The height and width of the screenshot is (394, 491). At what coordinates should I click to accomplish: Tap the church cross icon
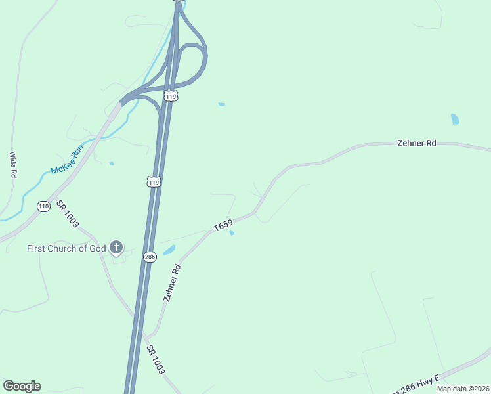pos(116,248)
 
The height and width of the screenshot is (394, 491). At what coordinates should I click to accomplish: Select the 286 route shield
pos(150,257)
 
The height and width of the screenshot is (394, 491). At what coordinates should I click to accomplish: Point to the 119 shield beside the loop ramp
pos(171,96)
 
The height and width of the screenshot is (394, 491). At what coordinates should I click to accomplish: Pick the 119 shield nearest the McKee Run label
pos(154,182)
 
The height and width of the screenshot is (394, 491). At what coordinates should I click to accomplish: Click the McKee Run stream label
pos(68,161)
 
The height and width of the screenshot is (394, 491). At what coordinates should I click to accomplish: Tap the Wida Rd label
pos(12,165)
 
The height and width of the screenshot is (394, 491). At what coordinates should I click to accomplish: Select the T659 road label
pos(223,227)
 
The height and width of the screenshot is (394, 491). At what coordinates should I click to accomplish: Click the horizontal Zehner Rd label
pos(417,142)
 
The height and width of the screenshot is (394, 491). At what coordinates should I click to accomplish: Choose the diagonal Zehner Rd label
pos(172,283)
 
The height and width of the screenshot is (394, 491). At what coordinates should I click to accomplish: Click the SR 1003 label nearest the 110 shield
pos(68,214)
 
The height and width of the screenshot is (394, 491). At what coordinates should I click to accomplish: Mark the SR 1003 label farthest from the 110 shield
pos(156,359)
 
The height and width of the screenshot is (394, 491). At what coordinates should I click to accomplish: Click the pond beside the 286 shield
pos(169,250)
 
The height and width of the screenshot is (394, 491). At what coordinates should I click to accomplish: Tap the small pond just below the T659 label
pos(232,232)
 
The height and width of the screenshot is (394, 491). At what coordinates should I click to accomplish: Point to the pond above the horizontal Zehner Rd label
pos(455,119)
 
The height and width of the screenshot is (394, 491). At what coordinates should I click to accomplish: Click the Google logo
pos(22,386)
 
